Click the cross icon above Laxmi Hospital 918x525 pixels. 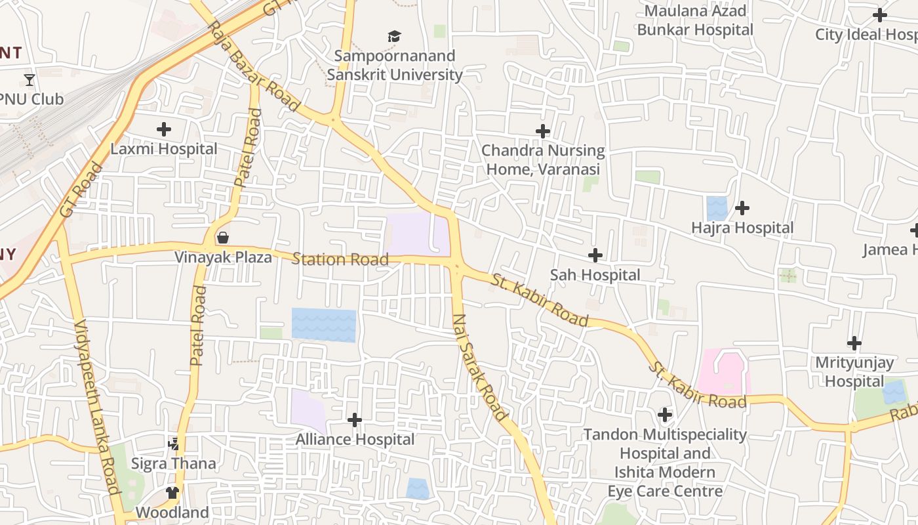[164, 129]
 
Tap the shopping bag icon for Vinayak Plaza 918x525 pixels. [223, 237]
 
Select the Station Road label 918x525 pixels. [340, 259]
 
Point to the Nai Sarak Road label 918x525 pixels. [480, 367]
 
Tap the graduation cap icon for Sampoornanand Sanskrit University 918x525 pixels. [394, 36]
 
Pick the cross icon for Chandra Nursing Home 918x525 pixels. [543, 131]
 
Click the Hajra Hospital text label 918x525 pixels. [742, 228]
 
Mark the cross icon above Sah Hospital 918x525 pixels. [595, 255]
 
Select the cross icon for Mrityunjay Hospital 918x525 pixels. [854, 343]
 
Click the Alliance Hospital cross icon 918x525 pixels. [355, 420]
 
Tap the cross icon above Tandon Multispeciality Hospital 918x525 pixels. [665, 415]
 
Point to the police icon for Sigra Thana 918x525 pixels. [173, 444]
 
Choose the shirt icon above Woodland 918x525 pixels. [172, 492]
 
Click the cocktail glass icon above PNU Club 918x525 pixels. [30, 80]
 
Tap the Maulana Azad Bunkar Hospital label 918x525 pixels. [695, 20]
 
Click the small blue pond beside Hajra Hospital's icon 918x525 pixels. [717, 209]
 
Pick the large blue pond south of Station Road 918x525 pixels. [324, 325]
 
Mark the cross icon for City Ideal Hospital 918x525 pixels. [880, 15]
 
